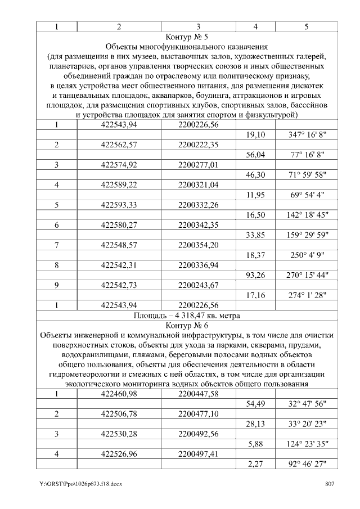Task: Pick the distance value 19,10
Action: coord(256,135)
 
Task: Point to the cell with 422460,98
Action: coord(119,394)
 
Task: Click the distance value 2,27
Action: coord(256,464)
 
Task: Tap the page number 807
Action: coord(330,484)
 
